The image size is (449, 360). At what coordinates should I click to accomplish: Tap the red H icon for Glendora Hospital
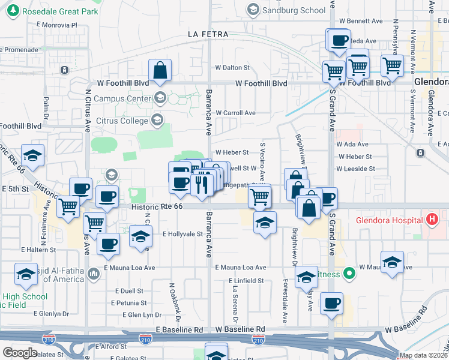click(x=430, y=219)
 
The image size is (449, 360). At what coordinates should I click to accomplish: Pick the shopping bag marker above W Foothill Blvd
click(x=160, y=71)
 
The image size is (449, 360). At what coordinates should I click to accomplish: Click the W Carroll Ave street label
click(x=235, y=112)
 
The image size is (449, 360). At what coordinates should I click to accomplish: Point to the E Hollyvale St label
click(x=183, y=234)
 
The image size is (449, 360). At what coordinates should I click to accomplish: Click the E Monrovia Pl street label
click(x=57, y=25)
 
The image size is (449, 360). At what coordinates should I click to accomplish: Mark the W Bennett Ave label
click(x=358, y=20)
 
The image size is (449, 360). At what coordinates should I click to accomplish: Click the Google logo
click(x=20, y=353)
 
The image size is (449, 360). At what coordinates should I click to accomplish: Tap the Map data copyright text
click(x=423, y=355)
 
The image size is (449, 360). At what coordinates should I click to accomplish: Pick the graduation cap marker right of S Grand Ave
click(x=392, y=262)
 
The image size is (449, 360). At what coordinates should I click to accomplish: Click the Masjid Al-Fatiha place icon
click(x=94, y=275)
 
